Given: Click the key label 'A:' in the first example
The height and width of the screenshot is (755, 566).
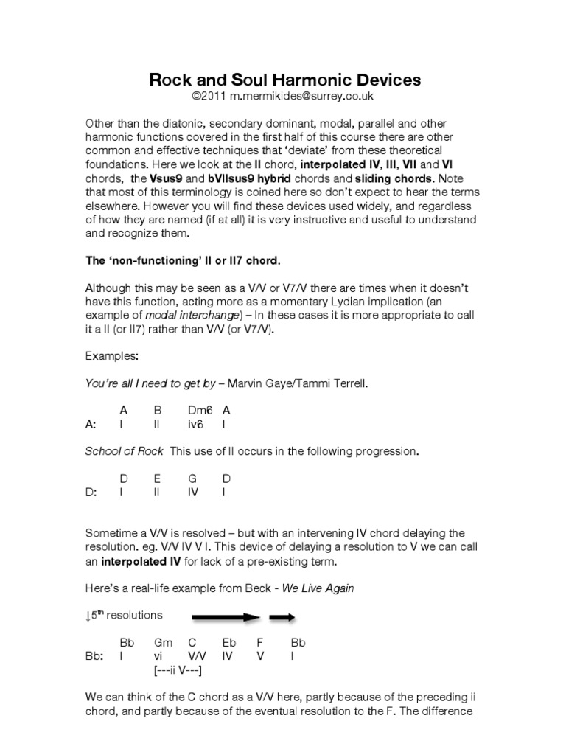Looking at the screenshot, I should (x=91, y=425).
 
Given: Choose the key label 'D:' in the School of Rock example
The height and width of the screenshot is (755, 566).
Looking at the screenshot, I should (x=92, y=493).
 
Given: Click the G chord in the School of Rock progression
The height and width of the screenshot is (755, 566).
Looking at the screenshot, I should (x=192, y=478).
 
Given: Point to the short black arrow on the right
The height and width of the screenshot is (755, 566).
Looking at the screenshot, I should (x=282, y=617).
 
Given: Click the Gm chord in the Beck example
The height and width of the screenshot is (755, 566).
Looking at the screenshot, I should (x=163, y=642).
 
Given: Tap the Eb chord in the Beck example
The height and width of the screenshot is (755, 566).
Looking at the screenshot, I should (x=228, y=642).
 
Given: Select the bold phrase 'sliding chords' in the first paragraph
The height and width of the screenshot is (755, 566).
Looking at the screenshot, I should (x=392, y=179).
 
